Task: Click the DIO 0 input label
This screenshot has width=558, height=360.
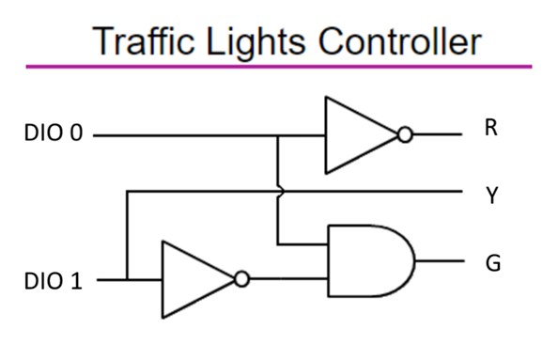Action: (54, 134)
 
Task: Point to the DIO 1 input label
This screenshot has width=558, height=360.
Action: (54, 280)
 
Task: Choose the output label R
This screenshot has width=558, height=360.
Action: (490, 129)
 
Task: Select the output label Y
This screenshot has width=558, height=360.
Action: (490, 196)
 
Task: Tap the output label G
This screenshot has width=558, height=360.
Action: (491, 262)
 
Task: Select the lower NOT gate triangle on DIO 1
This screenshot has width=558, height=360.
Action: (192, 279)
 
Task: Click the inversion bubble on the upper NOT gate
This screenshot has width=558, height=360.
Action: (405, 135)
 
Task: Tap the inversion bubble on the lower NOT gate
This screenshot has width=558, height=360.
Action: (242, 279)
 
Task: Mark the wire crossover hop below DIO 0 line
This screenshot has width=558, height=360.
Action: (279, 192)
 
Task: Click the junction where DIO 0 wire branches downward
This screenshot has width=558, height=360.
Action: (278, 135)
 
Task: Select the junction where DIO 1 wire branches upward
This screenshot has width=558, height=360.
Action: (126, 279)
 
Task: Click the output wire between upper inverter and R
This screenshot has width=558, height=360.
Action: (438, 135)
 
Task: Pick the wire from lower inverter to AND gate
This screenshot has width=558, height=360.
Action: (287, 279)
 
